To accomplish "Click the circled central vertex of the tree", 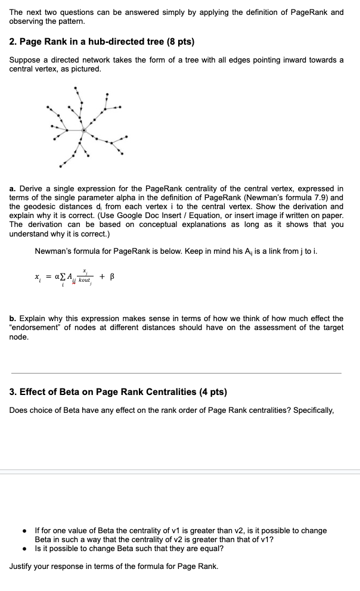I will [84, 130].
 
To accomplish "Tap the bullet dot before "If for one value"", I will [23, 530].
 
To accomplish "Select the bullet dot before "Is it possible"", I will [23, 548].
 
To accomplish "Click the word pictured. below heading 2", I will [85, 69].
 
